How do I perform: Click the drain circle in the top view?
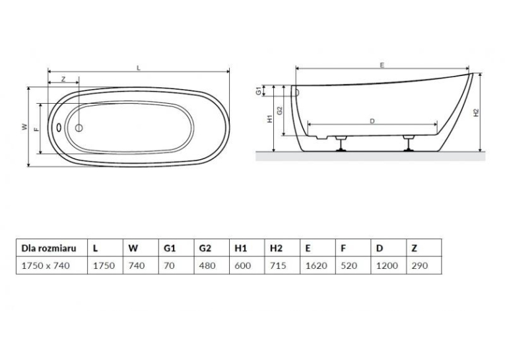tap(79, 128)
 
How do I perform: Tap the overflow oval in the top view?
tap(59, 127)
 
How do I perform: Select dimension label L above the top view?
tap(139, 67)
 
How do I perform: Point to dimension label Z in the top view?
tap(63, 79)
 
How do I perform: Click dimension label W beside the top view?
tap(24, 127)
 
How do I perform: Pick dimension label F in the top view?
tap(36, 129)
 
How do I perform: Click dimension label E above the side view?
tap(382, 65)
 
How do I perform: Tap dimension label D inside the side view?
tap(372, 121)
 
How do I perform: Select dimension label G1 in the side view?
tap(259, 91)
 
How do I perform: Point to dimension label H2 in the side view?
tap(477, 112)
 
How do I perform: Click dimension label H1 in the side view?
tap(270, 119)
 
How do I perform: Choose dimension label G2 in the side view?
tap(279, 110)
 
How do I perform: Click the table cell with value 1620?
tap(318, 266)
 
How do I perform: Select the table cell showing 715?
tap(283, 266)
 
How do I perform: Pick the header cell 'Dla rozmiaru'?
tap(52, 248)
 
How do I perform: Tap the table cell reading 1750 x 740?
tap(52, 266)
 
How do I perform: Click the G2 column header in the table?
tap(212, 248)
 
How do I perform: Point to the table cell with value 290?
tap(424, 266)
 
